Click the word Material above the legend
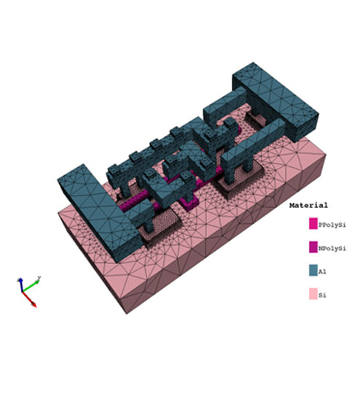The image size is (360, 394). (308, 205)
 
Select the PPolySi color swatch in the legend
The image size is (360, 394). (313, 223)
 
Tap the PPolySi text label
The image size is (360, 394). (332, 225)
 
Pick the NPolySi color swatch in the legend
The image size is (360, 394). (313, 247)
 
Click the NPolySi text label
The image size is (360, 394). (332, 248)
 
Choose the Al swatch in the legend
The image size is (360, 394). (313, 271)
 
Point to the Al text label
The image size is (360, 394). (322, 271)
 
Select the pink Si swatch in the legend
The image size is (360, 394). (313, 294)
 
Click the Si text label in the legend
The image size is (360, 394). (322, 295)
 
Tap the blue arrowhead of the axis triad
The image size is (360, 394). (20, 280)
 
